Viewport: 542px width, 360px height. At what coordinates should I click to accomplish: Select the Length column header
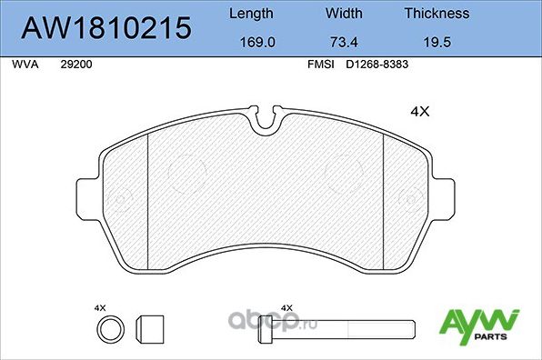click(250, 14)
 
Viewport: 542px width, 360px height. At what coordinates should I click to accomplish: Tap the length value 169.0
click(250, 42)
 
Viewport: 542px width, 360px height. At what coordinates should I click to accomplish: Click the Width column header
click(344, 14)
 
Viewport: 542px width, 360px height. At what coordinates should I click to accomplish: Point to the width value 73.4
click(344, 42)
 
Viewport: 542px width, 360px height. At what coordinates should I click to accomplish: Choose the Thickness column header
click(437, 14)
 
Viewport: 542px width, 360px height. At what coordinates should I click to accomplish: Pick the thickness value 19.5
click(437, 42)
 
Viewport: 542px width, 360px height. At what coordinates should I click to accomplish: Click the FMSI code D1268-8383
click(377, 65)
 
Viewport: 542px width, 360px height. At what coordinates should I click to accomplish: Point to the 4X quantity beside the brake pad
click(419, 113)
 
